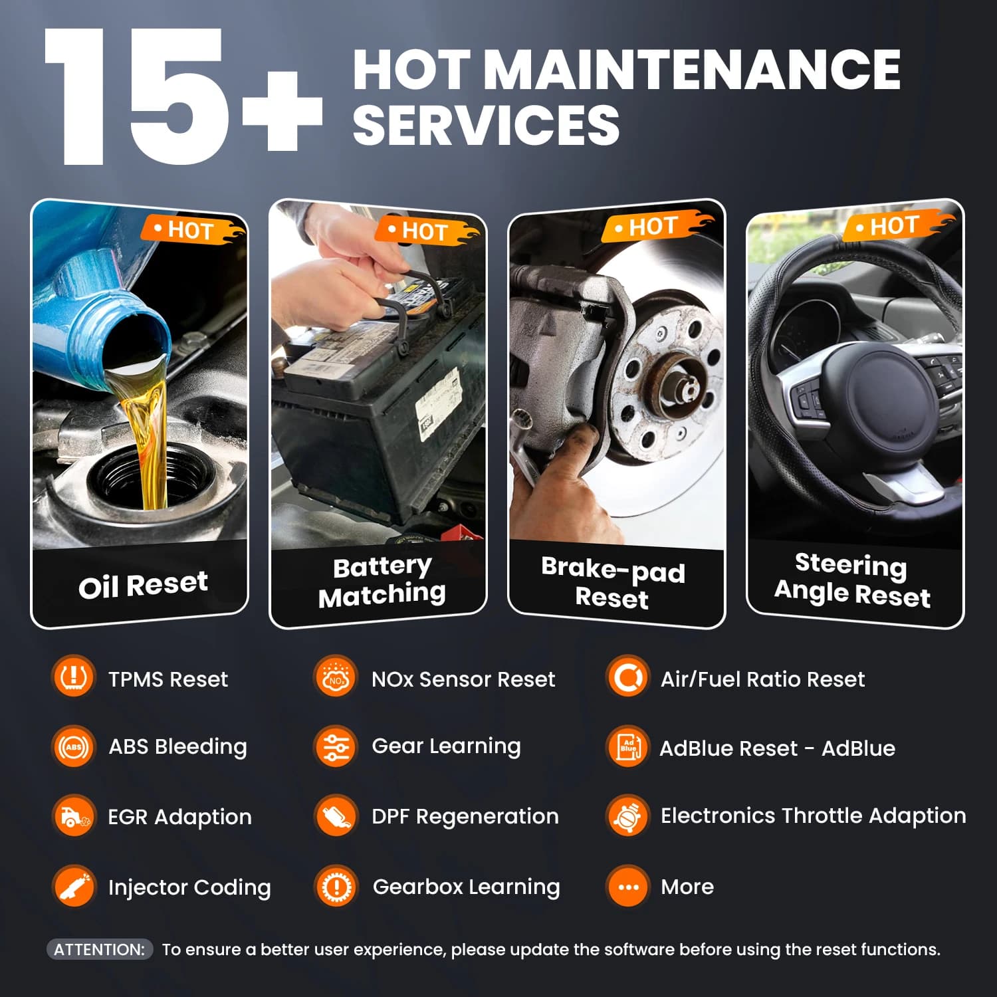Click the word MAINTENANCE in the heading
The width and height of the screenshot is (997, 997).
click(692, 69)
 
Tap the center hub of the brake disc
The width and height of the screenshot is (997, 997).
click(678, 386)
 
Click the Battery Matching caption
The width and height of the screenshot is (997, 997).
click(382, 582)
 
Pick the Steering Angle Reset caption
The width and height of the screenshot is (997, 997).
click(852, 580)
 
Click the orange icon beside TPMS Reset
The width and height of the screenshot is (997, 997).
click(72, 677)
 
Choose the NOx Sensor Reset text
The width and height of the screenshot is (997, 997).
click(463, 679)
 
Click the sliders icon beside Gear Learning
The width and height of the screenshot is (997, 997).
click(336, 747)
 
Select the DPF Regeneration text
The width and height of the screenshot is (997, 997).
click(465, 816)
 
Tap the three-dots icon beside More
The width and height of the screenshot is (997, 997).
click(627, 887)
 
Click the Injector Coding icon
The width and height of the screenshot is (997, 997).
click(73, 886)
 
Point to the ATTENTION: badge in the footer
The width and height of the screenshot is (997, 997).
click(100, 950)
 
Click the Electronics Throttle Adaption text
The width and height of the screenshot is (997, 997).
click(814, 816)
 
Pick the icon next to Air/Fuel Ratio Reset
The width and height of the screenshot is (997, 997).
click(627, 677)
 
